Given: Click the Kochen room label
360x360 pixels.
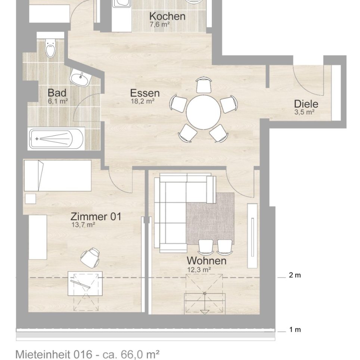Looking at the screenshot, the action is click(167, 16).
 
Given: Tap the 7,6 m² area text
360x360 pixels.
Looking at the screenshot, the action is click(160, 24).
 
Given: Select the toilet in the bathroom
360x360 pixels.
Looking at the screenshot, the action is click(50, 47).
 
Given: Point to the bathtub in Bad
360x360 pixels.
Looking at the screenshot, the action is click(56, 139).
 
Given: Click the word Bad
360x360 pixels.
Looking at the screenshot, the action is click(57, 93).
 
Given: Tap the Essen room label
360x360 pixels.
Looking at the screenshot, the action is click(145, 93).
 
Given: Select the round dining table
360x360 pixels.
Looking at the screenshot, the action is click(204, 112).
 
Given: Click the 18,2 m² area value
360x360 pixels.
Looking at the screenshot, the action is click(142, 101).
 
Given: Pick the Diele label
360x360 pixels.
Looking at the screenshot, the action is click(306, 104).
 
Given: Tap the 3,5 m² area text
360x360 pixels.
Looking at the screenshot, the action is click(304, 112).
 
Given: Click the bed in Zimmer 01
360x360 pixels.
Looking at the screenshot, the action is click(58, 176).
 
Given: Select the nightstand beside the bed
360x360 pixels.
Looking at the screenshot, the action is click(31, 199).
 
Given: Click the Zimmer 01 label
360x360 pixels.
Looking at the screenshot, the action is click(96, 217).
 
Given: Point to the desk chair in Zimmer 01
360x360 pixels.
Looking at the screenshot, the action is click(90, 257).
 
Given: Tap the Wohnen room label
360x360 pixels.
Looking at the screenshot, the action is click(207, 261).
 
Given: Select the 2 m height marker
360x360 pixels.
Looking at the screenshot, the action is click(295, 275).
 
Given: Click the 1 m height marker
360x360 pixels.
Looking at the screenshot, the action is click(295, 330).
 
